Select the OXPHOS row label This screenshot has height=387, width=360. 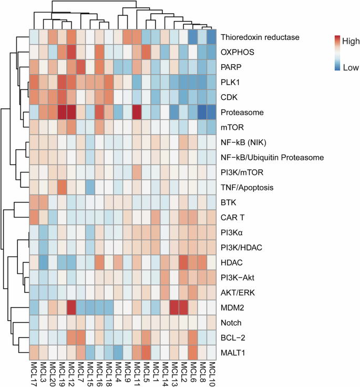click(x=236, y=52)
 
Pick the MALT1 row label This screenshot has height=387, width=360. click(x=233, y=351)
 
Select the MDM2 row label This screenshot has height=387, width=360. click(x=232, y=307)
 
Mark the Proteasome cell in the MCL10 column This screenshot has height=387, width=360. click(x=211, y=112)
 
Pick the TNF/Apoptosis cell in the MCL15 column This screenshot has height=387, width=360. click(x=90, y=187)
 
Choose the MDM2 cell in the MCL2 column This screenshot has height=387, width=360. click(x=183, y=307)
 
